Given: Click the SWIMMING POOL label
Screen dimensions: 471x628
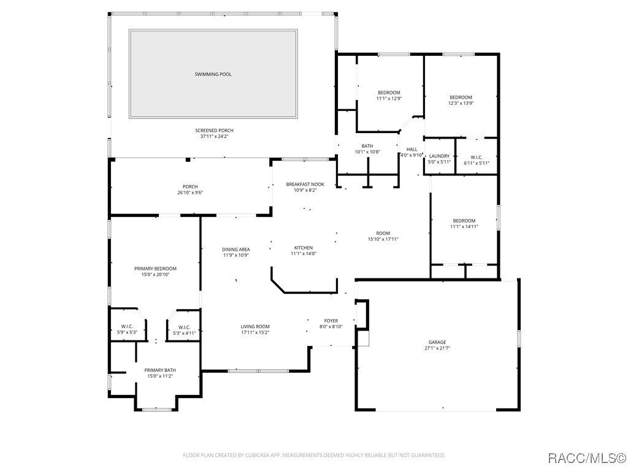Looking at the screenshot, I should coord(213,74).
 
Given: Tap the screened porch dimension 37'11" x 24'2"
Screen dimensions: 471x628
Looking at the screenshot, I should coord(214,137).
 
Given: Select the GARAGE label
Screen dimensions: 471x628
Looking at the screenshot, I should coord(437,342).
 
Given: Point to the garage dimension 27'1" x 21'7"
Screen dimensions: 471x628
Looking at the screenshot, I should coord(437,348).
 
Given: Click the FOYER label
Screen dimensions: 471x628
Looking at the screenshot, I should coord(331,321).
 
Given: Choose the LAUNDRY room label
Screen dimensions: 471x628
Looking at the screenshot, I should coord(439,156).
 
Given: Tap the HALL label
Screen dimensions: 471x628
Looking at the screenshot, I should coord(412,149).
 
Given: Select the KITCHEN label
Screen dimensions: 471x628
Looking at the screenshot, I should coord(303,248).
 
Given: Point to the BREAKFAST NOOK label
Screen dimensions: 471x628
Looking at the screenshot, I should coord(305,184).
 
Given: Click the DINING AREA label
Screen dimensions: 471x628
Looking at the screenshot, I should coord(235,249).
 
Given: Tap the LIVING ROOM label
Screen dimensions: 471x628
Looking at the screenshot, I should coord(255,326).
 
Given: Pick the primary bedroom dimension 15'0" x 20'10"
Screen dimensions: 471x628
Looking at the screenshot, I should coord(155,275).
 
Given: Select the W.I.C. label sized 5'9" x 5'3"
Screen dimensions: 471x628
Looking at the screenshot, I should coord(127,326).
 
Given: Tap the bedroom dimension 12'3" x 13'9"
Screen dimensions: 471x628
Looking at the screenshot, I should coord(461,103).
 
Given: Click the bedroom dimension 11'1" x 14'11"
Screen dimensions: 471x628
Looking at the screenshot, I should coord(464,227).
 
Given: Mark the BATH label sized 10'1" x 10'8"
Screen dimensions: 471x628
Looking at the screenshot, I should coord(367,146).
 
